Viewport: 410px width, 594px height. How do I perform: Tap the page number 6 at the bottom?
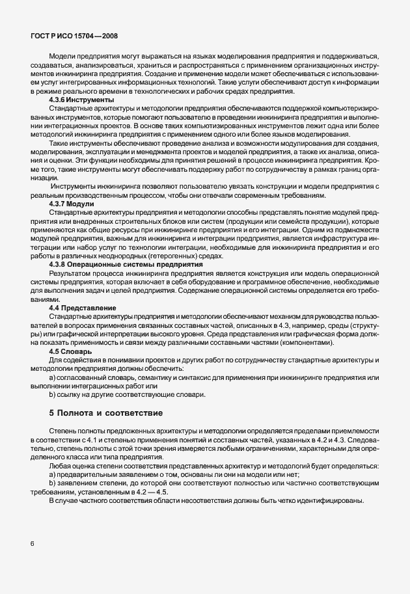pyautogui.click(x=32, y=544)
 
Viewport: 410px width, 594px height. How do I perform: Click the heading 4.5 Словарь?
pyautogui.click(x=70, y=351)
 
